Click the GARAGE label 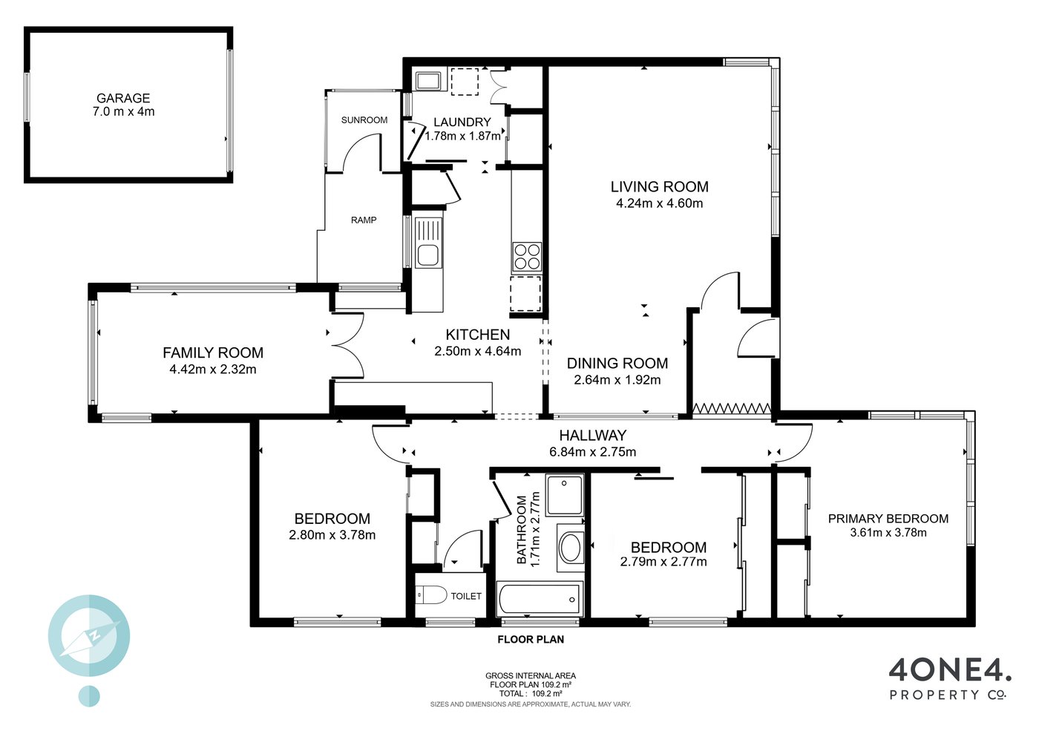(123, 99)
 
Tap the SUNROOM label (364, 120)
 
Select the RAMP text (364, 220)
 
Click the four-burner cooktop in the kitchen (526, 257)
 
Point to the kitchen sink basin (427, 255)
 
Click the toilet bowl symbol (430, 594)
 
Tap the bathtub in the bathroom (539, 600)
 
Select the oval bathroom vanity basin (570, 548)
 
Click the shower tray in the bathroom (564, 495)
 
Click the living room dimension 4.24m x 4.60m (659, 203)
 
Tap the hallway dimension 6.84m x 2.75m (592, 451)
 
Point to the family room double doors (348, 346)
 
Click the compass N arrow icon (90, 636)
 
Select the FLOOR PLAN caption (531, 639)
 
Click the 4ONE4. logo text (949, 672)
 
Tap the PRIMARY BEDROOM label (888, 519)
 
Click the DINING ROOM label (617, 363)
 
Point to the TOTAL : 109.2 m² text (531, 694)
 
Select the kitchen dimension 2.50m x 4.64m (478, 351)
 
